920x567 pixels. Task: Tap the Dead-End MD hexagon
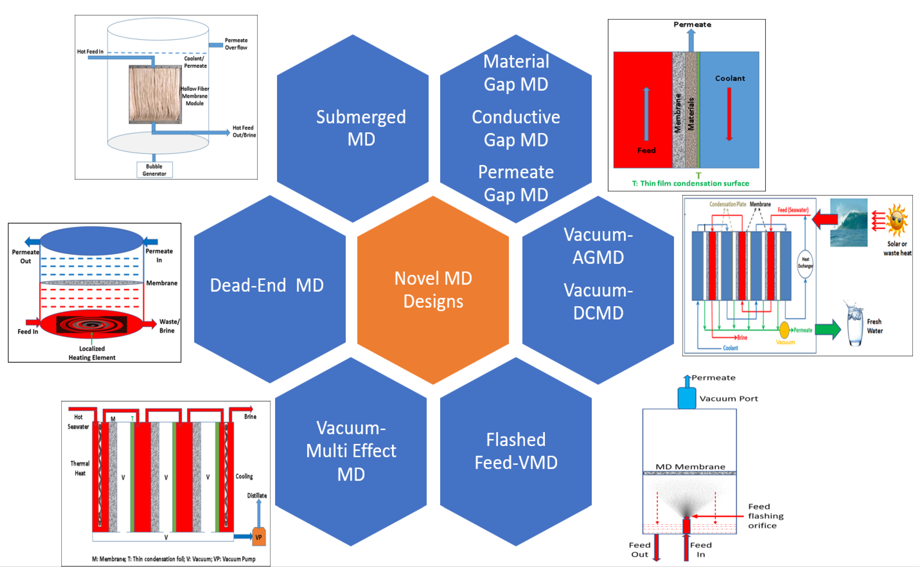click(270, 289)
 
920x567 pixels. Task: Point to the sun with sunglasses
click(897, 220)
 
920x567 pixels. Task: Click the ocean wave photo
click(848, 222)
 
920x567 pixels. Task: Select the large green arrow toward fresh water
click(828, 329)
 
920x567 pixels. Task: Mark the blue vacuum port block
click(686, 398)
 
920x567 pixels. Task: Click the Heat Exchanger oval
click(805, 263)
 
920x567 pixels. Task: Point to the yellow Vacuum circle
click(784, 330)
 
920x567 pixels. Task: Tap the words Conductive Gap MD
click(516, 128)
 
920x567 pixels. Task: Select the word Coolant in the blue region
click(729, 78)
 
